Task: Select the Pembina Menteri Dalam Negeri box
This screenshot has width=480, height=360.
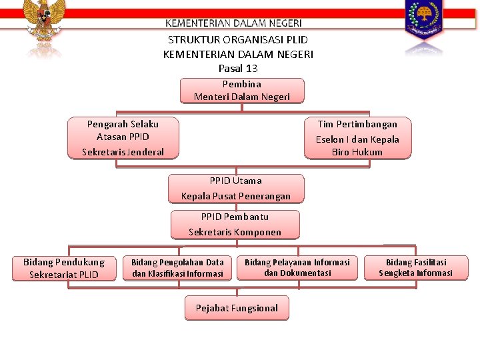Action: click(242, 91)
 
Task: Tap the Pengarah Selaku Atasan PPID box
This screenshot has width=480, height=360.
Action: click(123, 138)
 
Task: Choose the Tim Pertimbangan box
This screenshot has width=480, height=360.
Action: click(357, 138)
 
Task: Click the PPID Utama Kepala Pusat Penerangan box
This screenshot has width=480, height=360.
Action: click(236, 189)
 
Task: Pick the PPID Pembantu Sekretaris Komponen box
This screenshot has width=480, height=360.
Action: click(235, 225)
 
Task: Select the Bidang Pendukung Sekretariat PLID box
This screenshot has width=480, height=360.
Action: click(64, 269)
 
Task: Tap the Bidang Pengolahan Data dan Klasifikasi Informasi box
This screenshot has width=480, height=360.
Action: click(177, 268)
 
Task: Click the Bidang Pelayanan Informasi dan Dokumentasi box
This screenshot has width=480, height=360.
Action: click(297, 268)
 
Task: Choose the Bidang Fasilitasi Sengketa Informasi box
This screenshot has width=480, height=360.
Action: click(415, 268)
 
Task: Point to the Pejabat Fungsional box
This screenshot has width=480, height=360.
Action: click(237, 308)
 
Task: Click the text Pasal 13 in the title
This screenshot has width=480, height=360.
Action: click(238, 69)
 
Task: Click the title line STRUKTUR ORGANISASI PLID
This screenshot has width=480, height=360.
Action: click(238, 40)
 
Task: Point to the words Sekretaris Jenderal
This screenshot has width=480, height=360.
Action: click(123, 152)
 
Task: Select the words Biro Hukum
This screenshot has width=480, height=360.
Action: click(357, 152)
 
